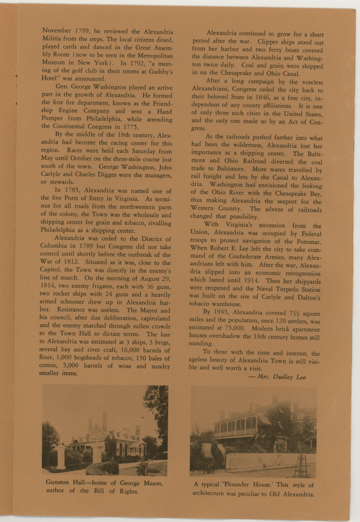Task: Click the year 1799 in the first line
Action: (x=82, y=31)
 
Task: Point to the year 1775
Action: (x=131, y=127)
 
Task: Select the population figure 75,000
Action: (x=234, y=328)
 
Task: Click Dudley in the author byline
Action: (x=283, y=376)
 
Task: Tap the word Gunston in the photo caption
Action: (x=57, y=482)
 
